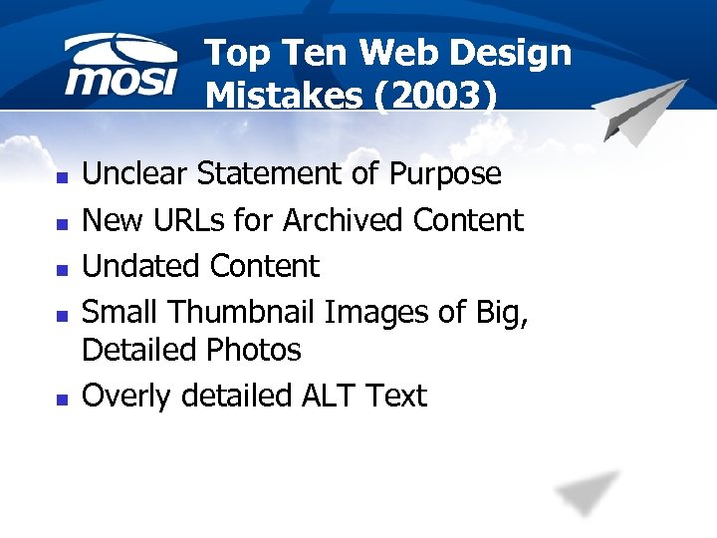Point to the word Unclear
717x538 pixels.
pyautogui.click(x=135, y=174)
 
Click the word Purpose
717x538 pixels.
pyautogui.click(x=445, y=175)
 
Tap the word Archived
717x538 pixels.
pyautogui.click(x=347, y=220)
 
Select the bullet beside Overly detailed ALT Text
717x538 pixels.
pyautogui.click(x=62, y=400)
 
